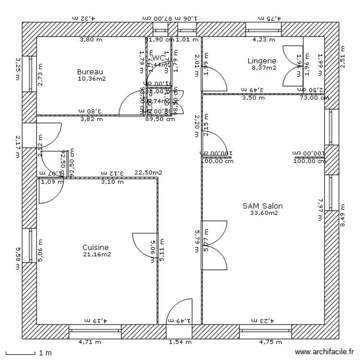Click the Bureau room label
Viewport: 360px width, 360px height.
90,72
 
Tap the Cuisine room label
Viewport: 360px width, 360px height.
96,248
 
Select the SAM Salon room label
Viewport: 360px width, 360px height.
262,206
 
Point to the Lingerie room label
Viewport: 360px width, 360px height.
262,61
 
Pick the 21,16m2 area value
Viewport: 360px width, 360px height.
96,254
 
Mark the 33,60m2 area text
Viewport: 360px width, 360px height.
263,213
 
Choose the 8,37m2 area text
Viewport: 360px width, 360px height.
264,68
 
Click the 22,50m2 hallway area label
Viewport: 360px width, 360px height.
148,172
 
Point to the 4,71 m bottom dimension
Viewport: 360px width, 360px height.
90,342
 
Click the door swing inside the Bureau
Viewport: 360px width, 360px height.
132,103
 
